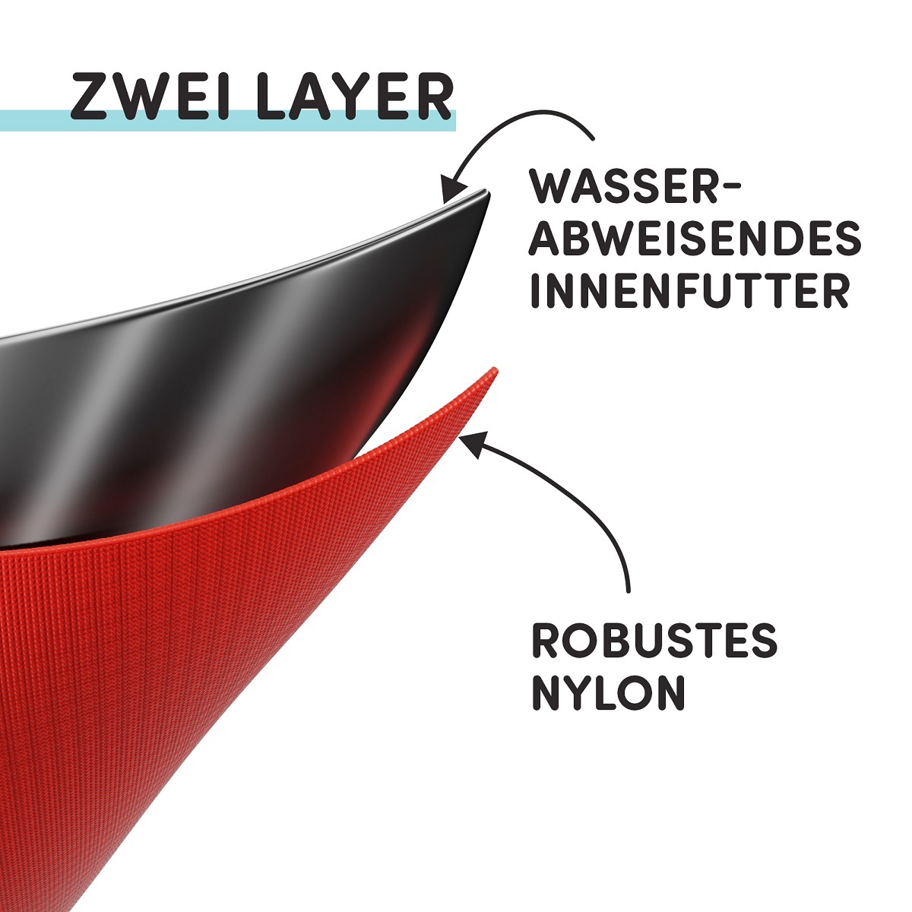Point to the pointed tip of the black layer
tap(487, 192)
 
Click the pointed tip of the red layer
tap(494, 369)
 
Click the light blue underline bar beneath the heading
tap(227, 120)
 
